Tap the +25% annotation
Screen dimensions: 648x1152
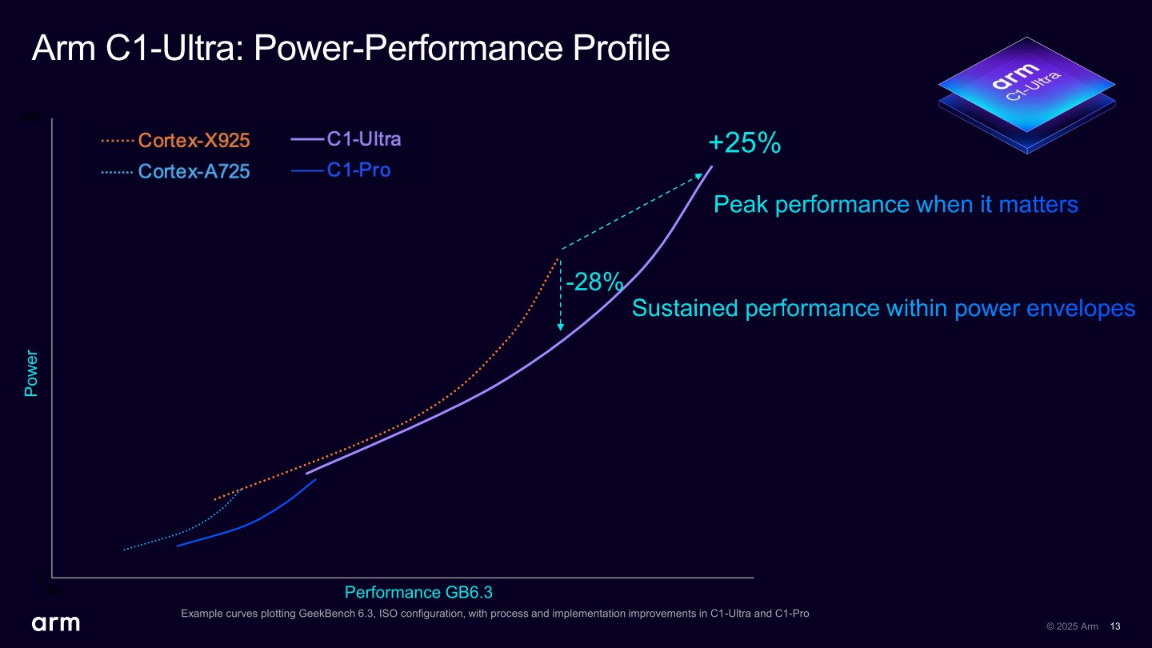(744, 144)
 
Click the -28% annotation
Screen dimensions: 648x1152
(594, 282)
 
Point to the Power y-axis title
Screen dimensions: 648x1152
(31, 373)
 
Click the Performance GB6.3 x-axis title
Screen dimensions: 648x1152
(418, 592)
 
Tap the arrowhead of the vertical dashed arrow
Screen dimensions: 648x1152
(561, 327)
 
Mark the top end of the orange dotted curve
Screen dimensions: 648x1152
(558, 258)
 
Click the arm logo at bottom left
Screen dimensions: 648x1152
(55, 623)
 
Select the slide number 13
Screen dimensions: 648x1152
(1116, 626)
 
